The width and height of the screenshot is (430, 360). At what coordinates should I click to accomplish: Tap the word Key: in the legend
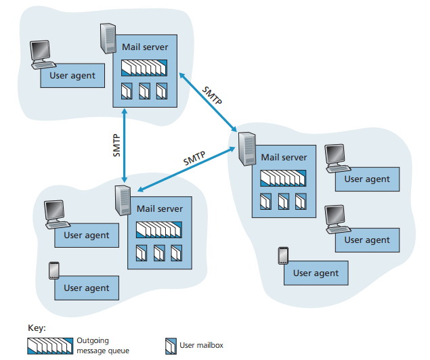pyautogui.click(x=37, y=328)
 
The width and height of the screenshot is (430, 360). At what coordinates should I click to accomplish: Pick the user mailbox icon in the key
pyautogui.click(x=171, y=346)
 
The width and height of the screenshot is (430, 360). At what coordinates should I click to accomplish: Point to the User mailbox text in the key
pyautogui.click(x=202, y=346)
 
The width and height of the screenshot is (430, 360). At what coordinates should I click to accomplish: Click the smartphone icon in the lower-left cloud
pyautogui.click(x=54, y=271)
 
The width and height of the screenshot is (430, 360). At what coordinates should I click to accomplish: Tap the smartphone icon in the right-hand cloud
pyautogui.click(x=283, y=256)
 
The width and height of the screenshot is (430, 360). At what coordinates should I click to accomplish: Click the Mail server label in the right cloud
pyautogui.click(x=284, y=157)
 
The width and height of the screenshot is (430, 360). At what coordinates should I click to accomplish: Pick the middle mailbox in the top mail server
pyautogui.click(x=144, y=91)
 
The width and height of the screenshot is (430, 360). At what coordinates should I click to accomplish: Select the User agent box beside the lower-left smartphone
pyautogui.click(x=86, y=288)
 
